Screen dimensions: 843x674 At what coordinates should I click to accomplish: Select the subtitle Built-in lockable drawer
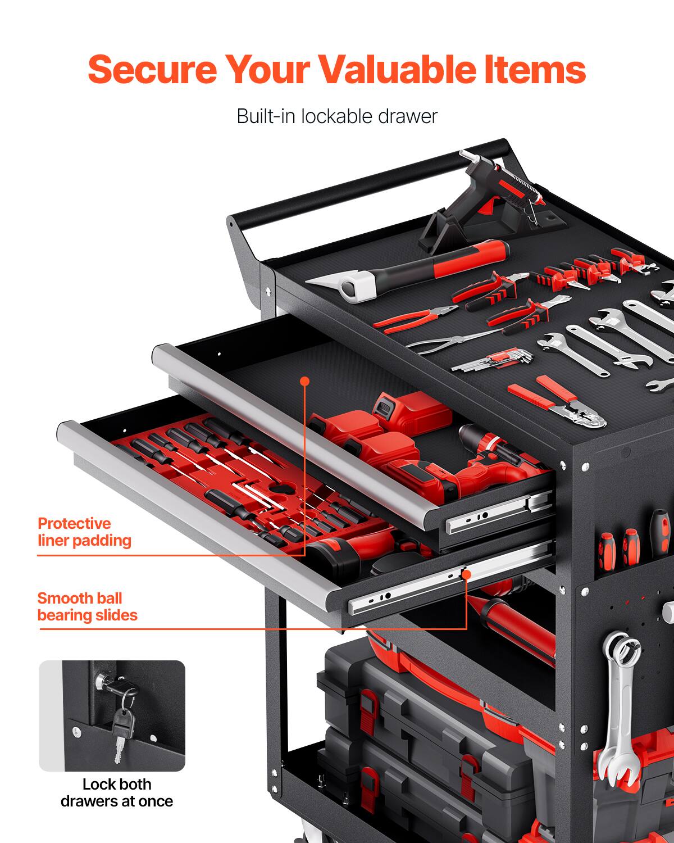tap(336, 116)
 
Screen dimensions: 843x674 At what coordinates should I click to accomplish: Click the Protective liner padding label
tap(84, 532)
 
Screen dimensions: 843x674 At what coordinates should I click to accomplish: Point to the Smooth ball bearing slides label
tap(87, 606)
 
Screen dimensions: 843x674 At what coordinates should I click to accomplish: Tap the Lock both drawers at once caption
tap(116, 792)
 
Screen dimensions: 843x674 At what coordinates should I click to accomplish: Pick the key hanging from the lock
tap(121, 731)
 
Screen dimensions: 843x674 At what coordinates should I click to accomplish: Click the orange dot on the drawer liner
tap(305, 381)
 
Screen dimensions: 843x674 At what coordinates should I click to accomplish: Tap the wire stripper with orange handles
tap(556, 405)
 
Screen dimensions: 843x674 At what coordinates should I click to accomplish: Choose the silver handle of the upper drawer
tap(292, 433)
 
